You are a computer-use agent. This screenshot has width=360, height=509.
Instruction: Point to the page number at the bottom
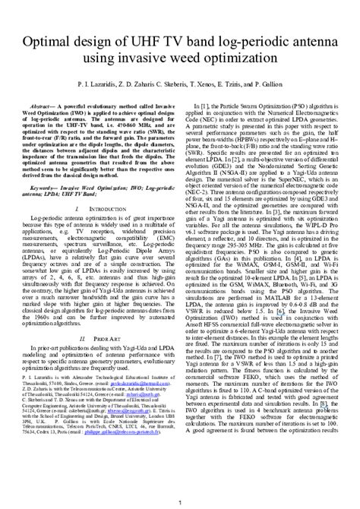179,501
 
